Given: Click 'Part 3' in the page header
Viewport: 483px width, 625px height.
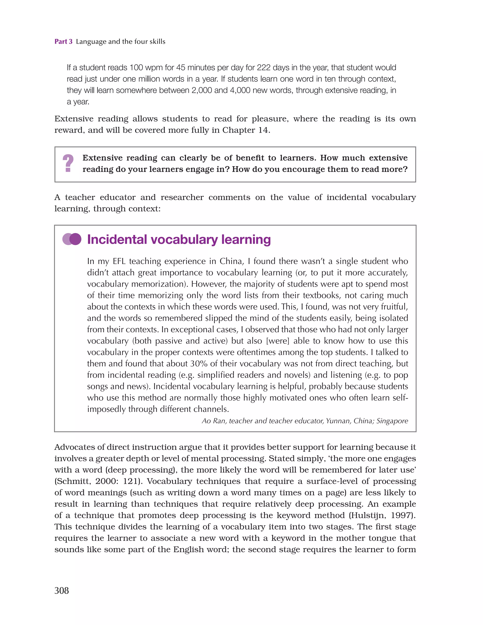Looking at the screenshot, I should pos(63,42).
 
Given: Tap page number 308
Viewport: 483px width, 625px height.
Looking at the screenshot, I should pos(62,590).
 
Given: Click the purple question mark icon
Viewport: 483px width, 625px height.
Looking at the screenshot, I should pos(68,163).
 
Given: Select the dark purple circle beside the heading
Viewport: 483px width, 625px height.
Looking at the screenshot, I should pos(75,239).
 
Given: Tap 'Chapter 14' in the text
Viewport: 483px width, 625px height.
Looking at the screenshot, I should pos(246,130).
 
